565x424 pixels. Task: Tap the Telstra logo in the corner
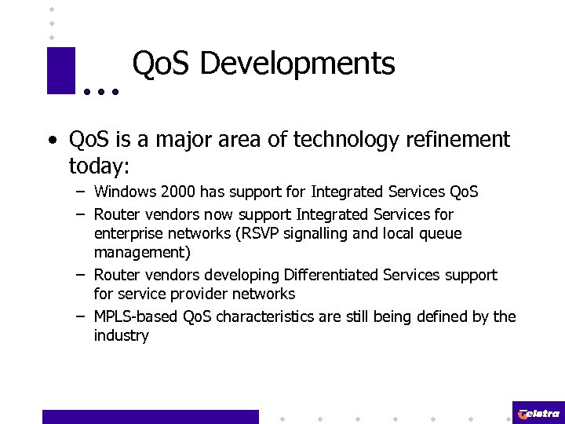point(539,413)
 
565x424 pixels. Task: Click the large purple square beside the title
point(61,71)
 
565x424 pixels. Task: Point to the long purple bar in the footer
point(150,417)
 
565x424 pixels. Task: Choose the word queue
point(440,233)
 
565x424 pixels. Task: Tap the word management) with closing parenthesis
point(142,253)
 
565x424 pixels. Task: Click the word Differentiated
point(329,275)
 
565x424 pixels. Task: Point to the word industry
point(122,336)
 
